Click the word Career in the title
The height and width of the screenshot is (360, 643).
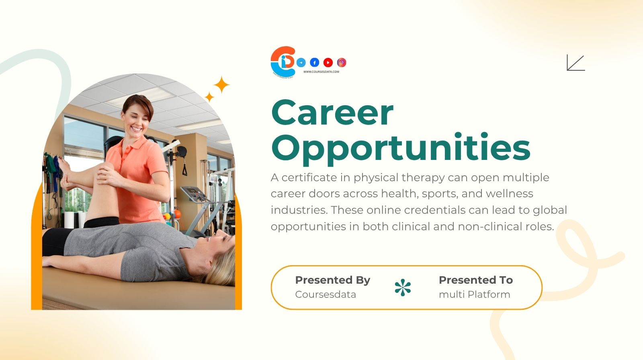(x=332, y=113)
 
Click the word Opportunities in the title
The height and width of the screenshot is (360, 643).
(x=401, y=147)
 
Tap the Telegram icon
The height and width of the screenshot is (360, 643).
(x=301, y=62)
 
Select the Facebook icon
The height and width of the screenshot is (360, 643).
(x=315, y=62)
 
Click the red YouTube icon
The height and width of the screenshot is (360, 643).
(x=328, y=62)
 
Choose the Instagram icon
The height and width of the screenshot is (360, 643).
(x=342, y=62)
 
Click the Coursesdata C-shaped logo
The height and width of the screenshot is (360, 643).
(x=283, y=61)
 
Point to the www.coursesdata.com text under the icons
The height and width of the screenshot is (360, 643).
(x=321, y=72)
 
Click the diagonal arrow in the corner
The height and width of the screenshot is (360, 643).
(x=575, y=63)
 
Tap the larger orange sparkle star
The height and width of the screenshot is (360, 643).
(x=221, y=85)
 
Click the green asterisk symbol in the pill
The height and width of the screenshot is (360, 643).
(x=403, y=288)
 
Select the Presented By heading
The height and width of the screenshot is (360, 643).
(x=332, y=280)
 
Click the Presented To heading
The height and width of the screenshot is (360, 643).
(x=475, y=280)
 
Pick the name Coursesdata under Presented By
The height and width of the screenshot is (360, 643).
(x=325, y=295)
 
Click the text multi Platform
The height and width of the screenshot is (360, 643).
(x=474, y=295)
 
